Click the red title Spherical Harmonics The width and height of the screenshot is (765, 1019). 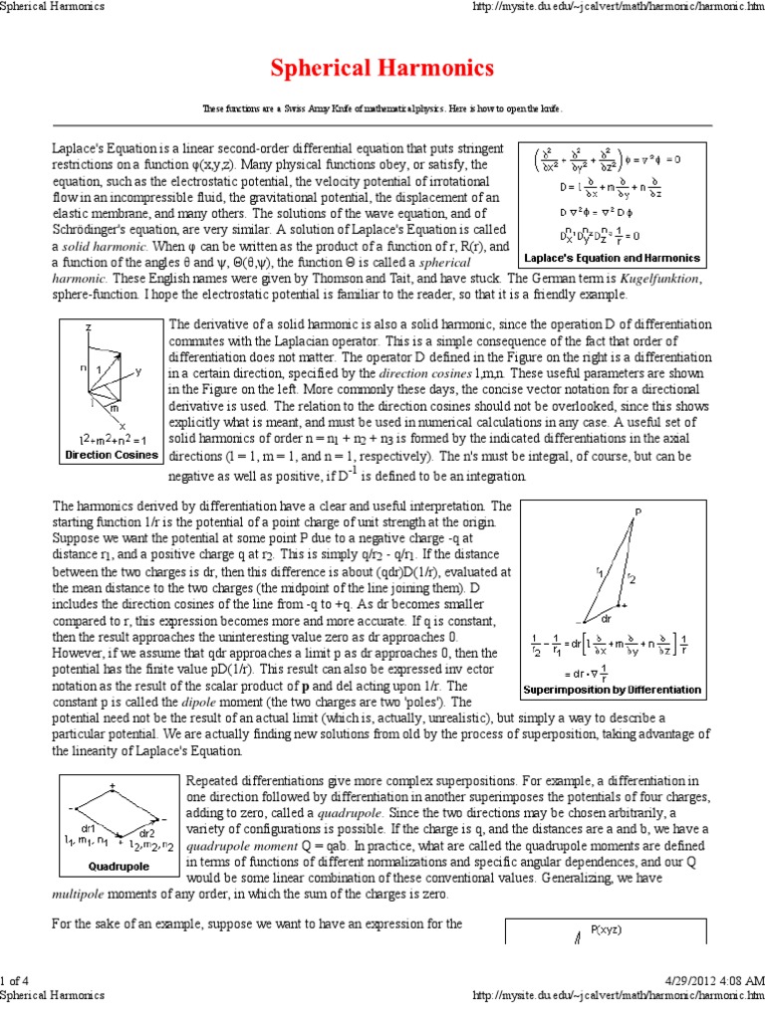[x=382, y=68]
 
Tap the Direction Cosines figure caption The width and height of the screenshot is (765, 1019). [x=111, y=455]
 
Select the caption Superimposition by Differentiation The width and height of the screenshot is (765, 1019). [x=612, y=689]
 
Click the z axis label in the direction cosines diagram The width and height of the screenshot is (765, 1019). [x=89, y=326]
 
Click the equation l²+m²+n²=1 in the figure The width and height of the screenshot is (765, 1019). [x=112, y=439]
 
